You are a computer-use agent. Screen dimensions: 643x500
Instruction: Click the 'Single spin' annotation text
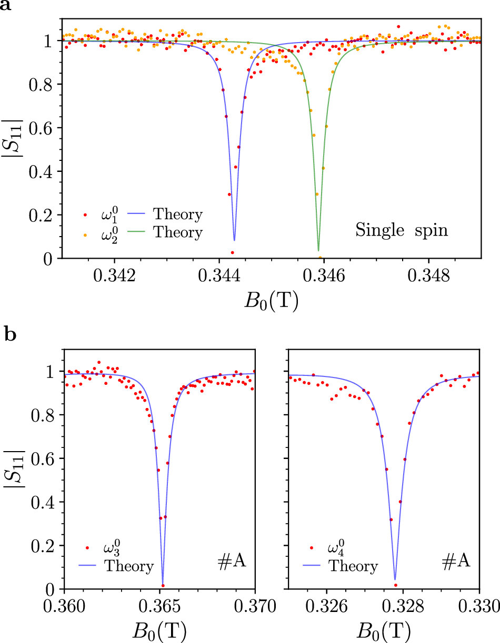[x=402, y=230]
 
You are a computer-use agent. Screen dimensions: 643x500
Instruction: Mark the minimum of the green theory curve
[x=318, y=250]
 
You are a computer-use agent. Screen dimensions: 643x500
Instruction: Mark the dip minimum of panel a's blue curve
[x=234, y=240]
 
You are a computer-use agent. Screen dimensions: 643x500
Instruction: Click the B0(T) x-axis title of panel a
[x=271, y=301]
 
